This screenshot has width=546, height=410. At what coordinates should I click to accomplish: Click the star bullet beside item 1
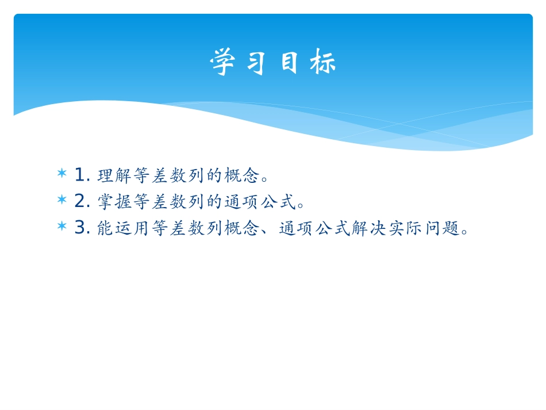[x=62, y=173]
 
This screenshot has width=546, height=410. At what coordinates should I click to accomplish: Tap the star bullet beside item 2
[x=62, y=200]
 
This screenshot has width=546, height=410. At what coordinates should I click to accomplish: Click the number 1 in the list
[x=80, y=173]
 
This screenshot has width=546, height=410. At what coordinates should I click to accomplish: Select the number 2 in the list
[x=80, y=201]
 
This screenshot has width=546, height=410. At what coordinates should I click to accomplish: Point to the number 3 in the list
[x=80, y=228]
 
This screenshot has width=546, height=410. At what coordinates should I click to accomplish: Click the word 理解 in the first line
[x=114, y=174]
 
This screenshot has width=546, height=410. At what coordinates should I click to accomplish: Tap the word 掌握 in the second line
[x=114, y=201]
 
